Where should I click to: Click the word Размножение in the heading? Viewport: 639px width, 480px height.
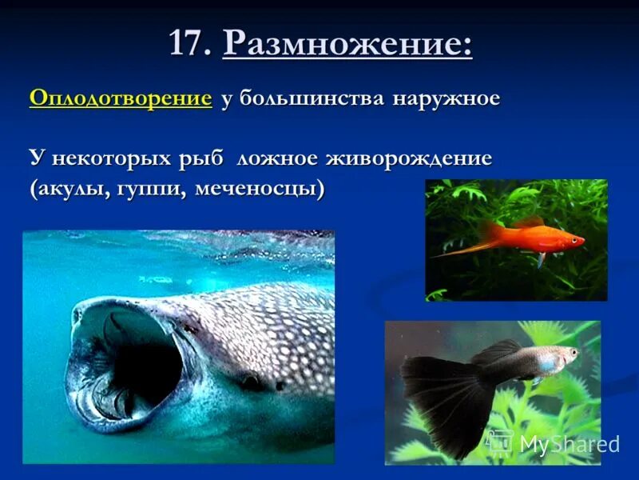(x=347, y=43)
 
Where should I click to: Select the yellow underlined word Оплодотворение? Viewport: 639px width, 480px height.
(x=121, y=98)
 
